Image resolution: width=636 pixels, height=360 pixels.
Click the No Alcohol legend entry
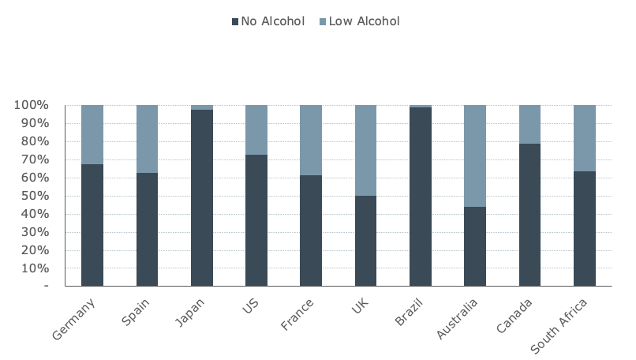pyautogui.click(x=267, y=21)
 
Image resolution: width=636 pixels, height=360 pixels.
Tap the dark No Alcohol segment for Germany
pyautogui.click(x=92, y=225)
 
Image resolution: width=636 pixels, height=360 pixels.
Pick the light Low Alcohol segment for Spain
pyautogui.click(x=147, y=138)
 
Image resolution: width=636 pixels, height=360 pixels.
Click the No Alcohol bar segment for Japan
pyautogui.click(x=202, y=197)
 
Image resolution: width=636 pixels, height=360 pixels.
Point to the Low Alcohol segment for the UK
pyautogui.click(x=365, y=150)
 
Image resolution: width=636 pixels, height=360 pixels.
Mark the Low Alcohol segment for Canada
pyautogui.click(x=529, y=124)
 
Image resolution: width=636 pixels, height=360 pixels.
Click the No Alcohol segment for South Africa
pyautogui.click(x=585, y=228)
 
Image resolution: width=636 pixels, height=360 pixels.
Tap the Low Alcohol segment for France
pyautogui.click(x=311, y=140)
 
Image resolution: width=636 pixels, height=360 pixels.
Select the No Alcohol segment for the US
pyautogui.click(x=256, y=220)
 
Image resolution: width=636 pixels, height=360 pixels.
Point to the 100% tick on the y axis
pyautogui.click(x=31, y=105)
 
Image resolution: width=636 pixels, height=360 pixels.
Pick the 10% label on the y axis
pyautogui.click(x=34, y=268)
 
